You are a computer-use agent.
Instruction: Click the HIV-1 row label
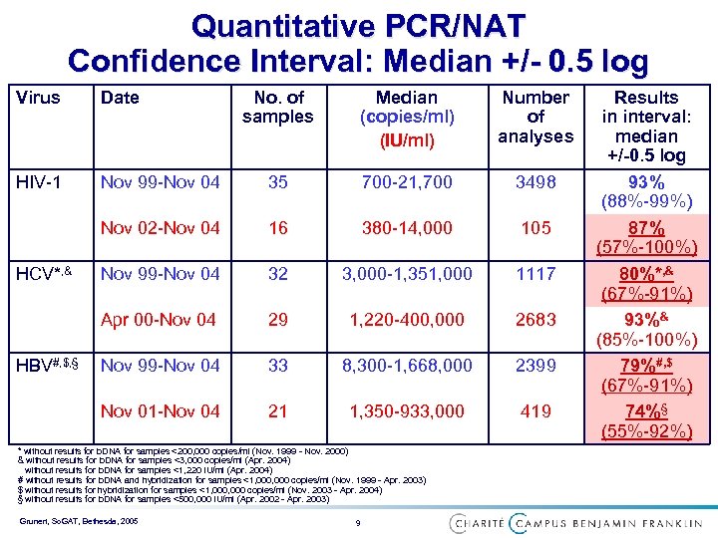(x=39, y=183)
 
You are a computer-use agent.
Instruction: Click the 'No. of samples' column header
(x=278, y=107)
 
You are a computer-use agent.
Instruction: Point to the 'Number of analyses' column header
(x=536, y=117)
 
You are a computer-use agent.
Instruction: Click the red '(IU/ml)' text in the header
(x=406, y=140)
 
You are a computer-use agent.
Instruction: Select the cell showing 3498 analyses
(x=536, y=183)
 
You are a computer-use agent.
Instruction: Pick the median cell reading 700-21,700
(x=406, y=183)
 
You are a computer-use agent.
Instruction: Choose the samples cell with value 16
(x=278, y=228)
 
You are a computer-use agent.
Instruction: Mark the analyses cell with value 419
(x=536, y=410)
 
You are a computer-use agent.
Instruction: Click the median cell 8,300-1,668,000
(x=406, y=366)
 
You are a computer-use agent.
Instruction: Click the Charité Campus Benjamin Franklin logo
(x=576, y=522)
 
